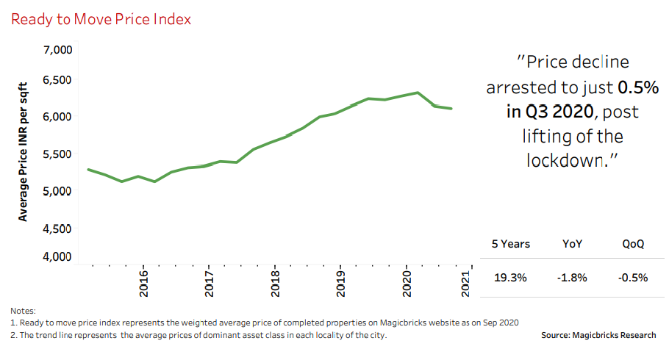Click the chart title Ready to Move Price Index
coord(101,19)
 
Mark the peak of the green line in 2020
coord(418,93)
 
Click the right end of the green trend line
coord(451,109)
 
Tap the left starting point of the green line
coord(88,170)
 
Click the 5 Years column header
coord(510,244)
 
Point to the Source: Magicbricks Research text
coord(598,335)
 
